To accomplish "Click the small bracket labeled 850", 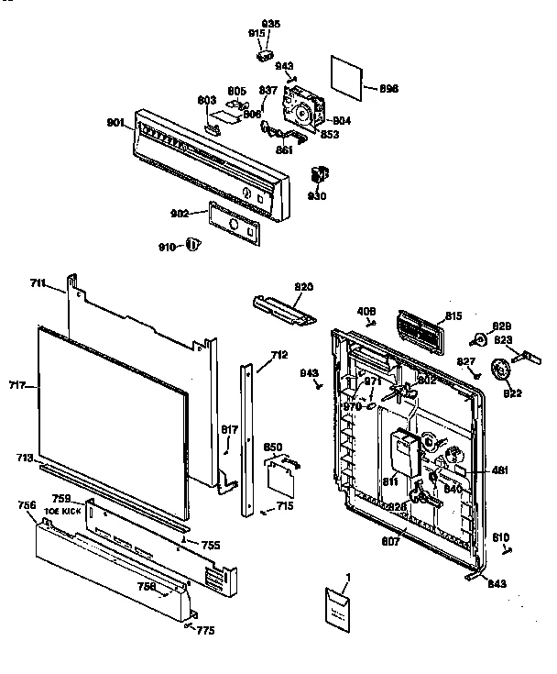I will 278,472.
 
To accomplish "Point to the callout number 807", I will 392,542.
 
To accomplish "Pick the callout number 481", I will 500,470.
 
